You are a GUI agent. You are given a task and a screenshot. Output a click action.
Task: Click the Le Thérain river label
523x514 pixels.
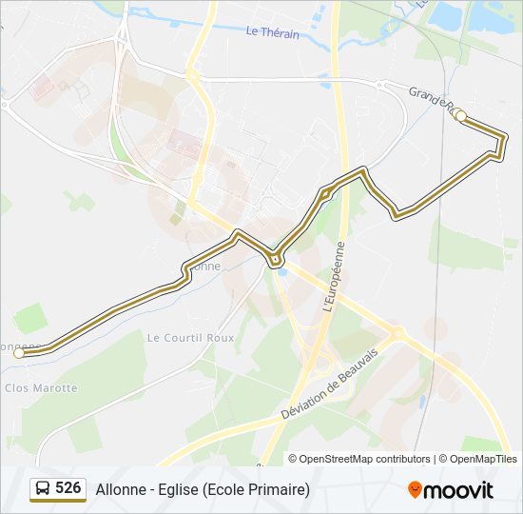tap(272, 31)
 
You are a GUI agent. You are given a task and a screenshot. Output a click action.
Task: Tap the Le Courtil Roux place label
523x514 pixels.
tap(190, 337)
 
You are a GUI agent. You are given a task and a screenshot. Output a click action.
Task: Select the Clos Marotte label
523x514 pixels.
tap(41, 387)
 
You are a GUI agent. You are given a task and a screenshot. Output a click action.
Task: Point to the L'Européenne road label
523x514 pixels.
tap(333, 277)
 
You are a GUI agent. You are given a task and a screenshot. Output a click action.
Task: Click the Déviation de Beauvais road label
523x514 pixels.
tap(329, 384)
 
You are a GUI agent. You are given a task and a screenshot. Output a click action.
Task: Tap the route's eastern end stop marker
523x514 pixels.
tap(461, 116)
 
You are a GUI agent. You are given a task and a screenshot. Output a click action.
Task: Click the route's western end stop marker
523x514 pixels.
tap(19, 353)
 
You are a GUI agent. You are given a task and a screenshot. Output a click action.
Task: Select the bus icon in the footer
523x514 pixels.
tap(43, 489)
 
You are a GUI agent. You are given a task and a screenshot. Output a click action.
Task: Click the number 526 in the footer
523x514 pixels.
tap(68, 488)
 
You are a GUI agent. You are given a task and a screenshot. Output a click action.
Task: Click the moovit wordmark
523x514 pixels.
tap(459, 489)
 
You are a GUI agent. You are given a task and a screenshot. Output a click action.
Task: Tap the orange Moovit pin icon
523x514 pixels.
tap(416, 489)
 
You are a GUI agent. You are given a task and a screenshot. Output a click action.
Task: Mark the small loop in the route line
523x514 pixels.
tap(275, 259)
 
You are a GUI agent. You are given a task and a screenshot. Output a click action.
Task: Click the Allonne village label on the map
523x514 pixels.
tap(205, 267)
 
